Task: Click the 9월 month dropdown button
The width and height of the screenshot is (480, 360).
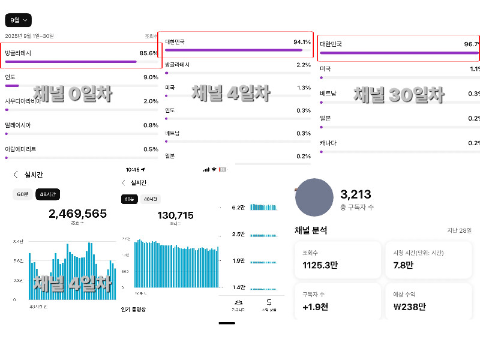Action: [x=18, y=20]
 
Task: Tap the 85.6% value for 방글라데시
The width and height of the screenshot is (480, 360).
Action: [x=148, y=53]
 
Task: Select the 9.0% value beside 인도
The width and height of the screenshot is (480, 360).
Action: [x=151, y=77]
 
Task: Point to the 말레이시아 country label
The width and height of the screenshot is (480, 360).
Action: [x=17, y=125]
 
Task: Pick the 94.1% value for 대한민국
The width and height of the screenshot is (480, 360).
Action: [x=302, y=42]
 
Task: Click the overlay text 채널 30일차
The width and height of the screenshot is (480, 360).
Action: [x=398, y=94]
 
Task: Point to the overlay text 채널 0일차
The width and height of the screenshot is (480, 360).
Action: [x=73, y=93]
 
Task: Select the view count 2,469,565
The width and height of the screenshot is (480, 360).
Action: [x=78, y=214]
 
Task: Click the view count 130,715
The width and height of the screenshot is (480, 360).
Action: [x=175, y=215]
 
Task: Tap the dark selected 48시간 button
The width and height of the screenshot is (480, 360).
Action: [x=48, y=194]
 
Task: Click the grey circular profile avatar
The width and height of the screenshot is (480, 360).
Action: [x=314, y=197]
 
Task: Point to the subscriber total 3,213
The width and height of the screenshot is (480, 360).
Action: [x=356, y=194]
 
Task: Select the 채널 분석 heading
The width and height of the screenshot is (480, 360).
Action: [x=311, y=230]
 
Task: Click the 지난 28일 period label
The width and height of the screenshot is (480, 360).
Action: [x=459, y=230]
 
